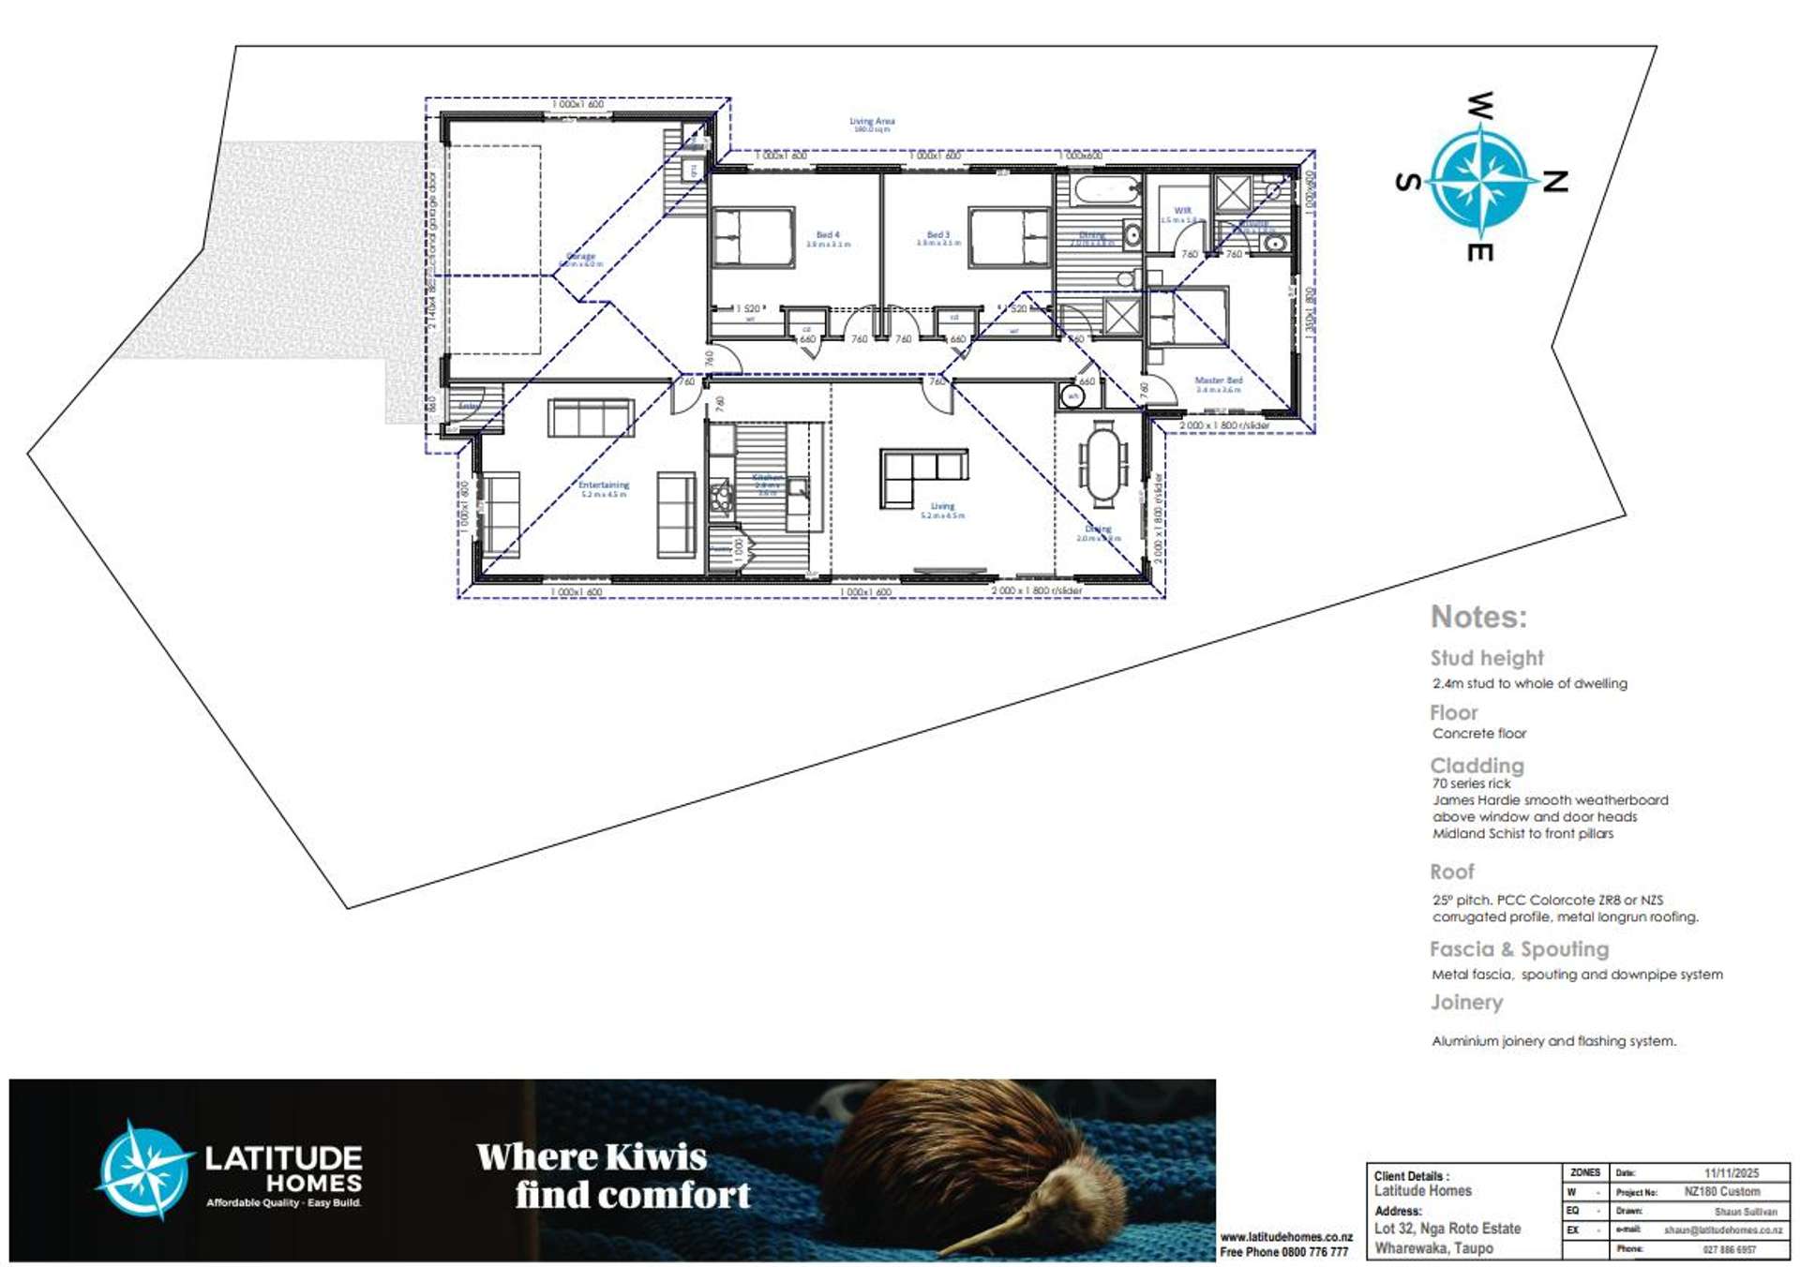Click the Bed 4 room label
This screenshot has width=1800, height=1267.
[828, 235]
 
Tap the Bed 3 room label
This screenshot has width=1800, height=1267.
[938, 235]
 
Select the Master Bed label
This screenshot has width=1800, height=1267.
[1218, 380]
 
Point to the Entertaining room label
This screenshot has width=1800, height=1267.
[604, 485]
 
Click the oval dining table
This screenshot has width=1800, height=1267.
[1102, 463]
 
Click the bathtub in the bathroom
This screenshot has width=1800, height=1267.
[1106, 190]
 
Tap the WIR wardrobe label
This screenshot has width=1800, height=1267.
[1182, 212]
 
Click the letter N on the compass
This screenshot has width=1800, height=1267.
[1555, 182]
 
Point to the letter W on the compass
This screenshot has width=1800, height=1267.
[1479, 106]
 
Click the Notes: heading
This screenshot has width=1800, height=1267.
[1478, 617]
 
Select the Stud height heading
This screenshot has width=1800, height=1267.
[1486, 658]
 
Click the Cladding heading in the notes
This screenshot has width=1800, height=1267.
[1477, 765]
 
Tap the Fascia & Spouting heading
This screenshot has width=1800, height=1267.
[1519, 949]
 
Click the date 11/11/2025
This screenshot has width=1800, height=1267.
[1731, 1173]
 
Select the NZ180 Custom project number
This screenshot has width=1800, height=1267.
[1722, 1192]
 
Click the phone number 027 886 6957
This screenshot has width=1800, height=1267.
[1730, 1249]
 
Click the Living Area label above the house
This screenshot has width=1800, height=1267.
[872, 121]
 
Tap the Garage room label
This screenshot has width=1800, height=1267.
[581, 256]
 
